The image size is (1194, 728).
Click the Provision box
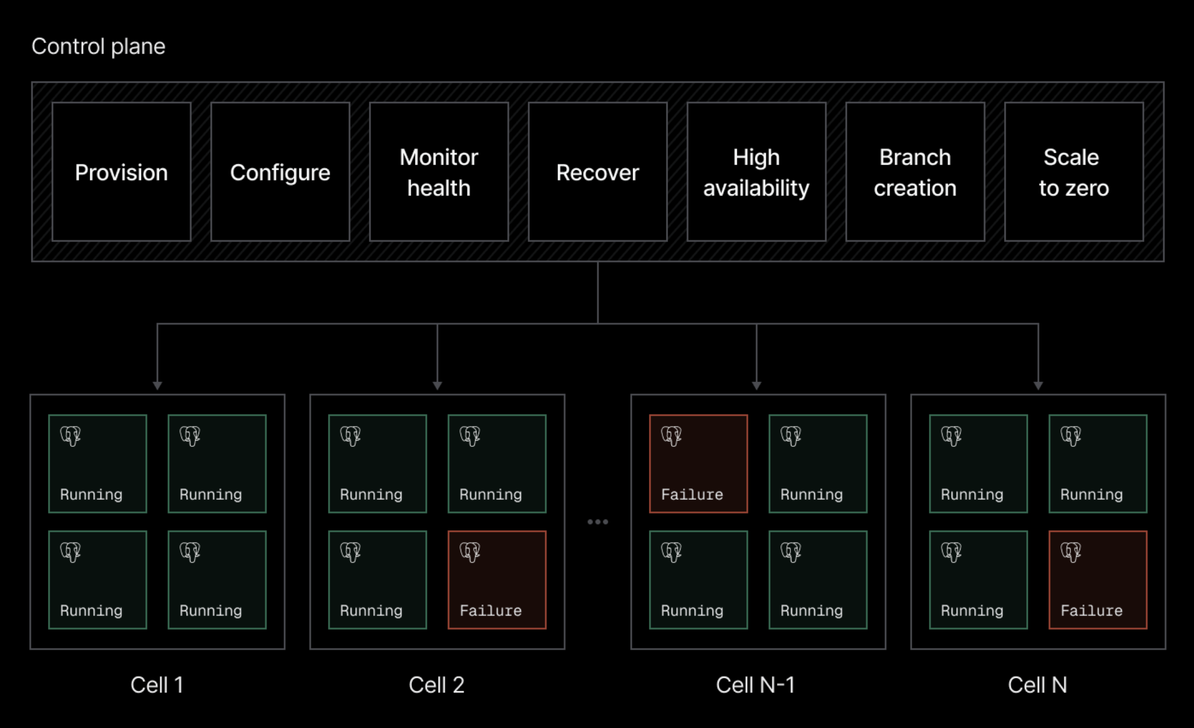point(121,172)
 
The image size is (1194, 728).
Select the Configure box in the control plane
point(280,172)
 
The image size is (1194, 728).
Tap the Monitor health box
point(439,172)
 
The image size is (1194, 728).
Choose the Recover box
point(598,172)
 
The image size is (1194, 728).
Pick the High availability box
point(757,172)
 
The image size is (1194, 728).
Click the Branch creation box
point(916,172)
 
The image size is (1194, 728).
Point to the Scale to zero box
point(1074,172)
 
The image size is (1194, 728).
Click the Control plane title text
point(99,46)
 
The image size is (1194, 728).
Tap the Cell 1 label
point(157,685)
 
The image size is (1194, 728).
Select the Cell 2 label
point(436,685)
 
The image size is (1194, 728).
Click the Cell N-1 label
point(755,685)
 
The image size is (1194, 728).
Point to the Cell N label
point(1037,685)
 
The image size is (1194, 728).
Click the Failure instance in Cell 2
point(497,580)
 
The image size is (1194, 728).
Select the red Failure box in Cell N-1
point(698,464)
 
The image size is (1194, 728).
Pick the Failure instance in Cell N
point(1098,580)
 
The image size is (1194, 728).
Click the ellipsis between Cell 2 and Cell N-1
point(598,522)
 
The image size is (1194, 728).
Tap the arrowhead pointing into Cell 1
point(157,386)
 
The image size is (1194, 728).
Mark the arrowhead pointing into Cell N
point(1038,386)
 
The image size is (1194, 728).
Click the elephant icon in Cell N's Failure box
point(1071,552)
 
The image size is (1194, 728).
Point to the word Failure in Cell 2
point(490,610)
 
